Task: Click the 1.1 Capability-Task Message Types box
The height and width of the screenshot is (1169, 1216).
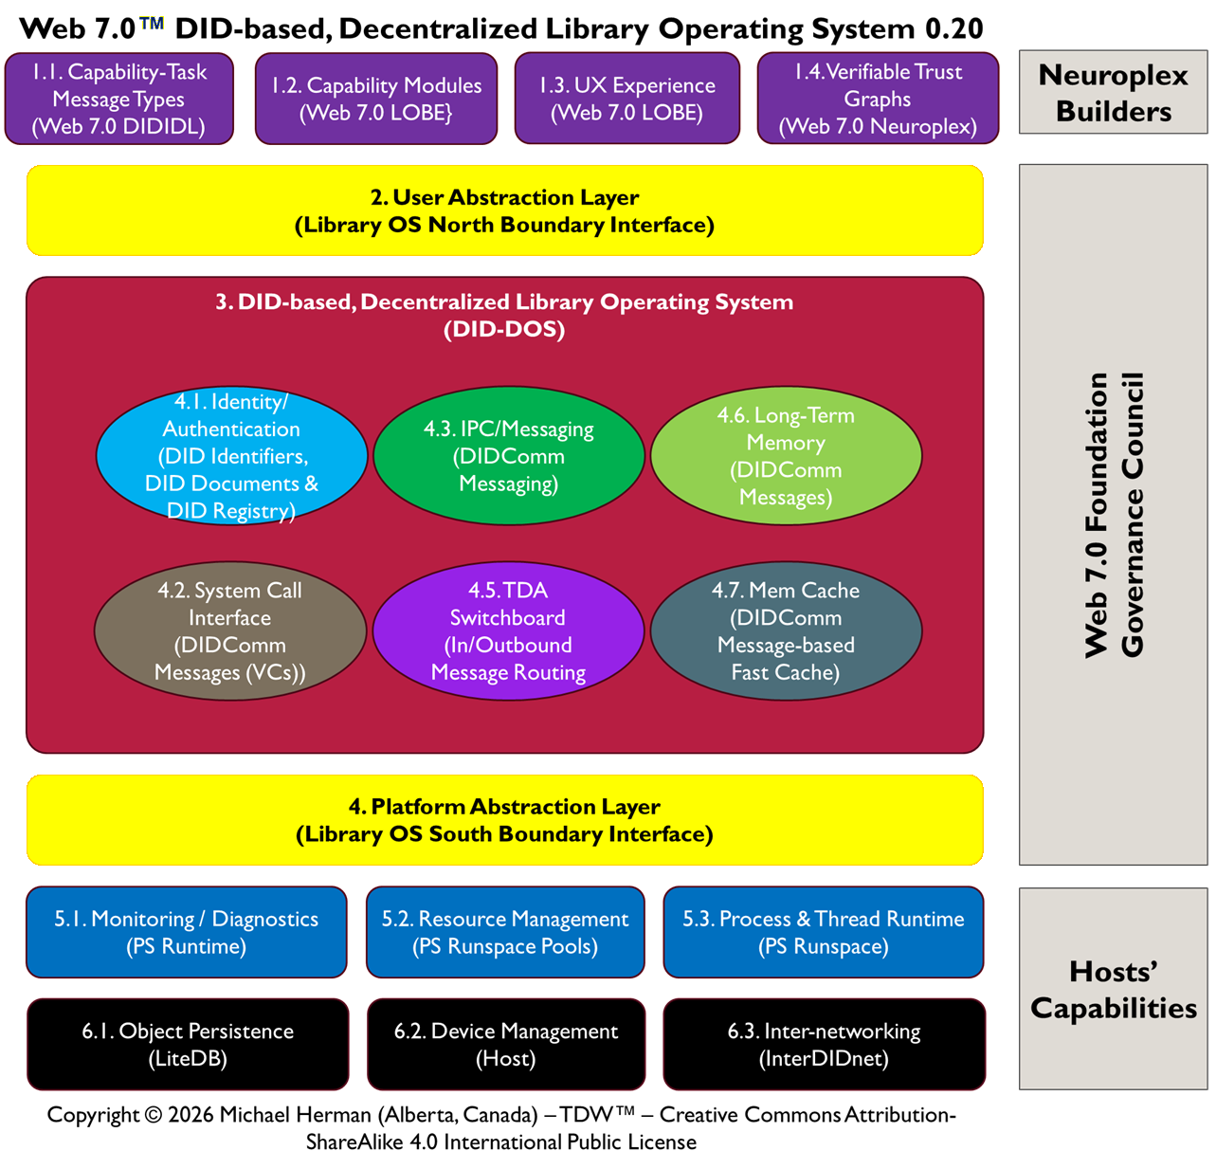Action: click(119, 99)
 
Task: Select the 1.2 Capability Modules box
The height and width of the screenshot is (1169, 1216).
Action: click(376, 99)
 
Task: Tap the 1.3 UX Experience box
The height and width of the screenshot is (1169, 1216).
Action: click(627, 99)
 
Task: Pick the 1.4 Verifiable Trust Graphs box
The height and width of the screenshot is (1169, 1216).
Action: click(878, 99)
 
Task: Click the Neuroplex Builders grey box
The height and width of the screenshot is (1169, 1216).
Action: click(1113, 93)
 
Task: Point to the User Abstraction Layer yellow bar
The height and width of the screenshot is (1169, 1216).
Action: click(504, 210)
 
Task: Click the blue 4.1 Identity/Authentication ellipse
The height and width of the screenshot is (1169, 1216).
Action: click(231, 456)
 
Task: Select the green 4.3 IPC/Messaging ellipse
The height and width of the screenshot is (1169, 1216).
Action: click(509, 456)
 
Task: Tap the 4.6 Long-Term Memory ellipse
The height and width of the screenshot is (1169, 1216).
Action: click(786, 456)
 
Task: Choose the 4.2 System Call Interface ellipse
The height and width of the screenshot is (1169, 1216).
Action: click(230, 631)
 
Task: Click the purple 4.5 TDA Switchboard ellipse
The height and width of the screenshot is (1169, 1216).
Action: click(509, 631)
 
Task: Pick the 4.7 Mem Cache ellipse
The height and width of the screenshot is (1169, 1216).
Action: click(786, 631)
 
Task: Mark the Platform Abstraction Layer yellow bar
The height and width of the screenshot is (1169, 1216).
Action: click(504, 820)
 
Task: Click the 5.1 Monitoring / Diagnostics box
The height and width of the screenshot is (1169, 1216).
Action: click(187, 932)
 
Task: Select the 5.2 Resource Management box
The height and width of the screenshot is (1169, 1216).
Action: click(505, 932)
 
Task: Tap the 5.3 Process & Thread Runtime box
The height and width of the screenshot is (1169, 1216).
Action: click(824, 932)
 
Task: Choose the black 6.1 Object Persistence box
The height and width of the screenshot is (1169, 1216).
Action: click(188, 1044)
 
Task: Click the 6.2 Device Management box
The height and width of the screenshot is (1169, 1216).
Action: click(506, 1044)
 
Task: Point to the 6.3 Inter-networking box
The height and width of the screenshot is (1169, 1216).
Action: click(824, 1044)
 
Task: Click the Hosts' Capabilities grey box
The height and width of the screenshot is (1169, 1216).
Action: click(1113, 989)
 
